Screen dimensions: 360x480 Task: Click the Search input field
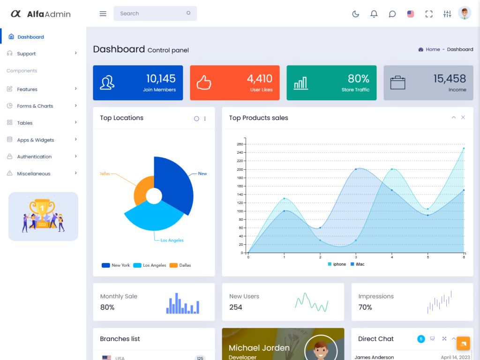pos(150,14)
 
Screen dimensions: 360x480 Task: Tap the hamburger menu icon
pos(103,14)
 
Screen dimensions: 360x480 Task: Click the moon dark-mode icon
pos(356,14)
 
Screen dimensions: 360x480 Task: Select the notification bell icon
pos(374,14)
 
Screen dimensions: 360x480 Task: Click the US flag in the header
pos(411,14)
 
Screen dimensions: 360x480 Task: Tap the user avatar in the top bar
pos(465,13)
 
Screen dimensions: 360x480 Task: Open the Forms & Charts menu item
pos(35,106)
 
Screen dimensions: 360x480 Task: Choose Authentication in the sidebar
pos(34,157)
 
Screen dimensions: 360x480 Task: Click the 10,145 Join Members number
pos(161,79)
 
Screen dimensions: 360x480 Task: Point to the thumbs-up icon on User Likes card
pos(204,82)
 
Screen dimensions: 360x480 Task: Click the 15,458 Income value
pos(450,79)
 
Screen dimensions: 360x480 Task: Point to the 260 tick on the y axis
pos(240,144)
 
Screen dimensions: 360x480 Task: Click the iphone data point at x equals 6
pos(464,148)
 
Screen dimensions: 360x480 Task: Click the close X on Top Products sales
pos(463,118)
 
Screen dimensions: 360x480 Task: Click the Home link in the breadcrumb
pos(433,49)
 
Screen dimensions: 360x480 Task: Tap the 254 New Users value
pos(236,307)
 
